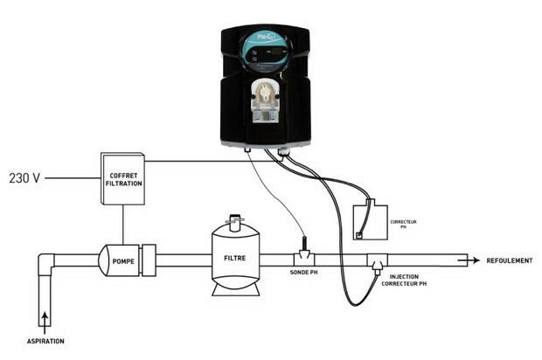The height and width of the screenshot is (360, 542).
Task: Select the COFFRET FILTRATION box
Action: pos(122,179)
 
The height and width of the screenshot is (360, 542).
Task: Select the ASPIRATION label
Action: pos(44,341)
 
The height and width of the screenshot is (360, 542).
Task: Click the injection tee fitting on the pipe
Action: pos(378,260)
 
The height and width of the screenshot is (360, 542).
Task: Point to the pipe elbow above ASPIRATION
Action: pos(47,263)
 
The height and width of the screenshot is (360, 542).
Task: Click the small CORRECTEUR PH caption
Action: pos(405,225)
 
